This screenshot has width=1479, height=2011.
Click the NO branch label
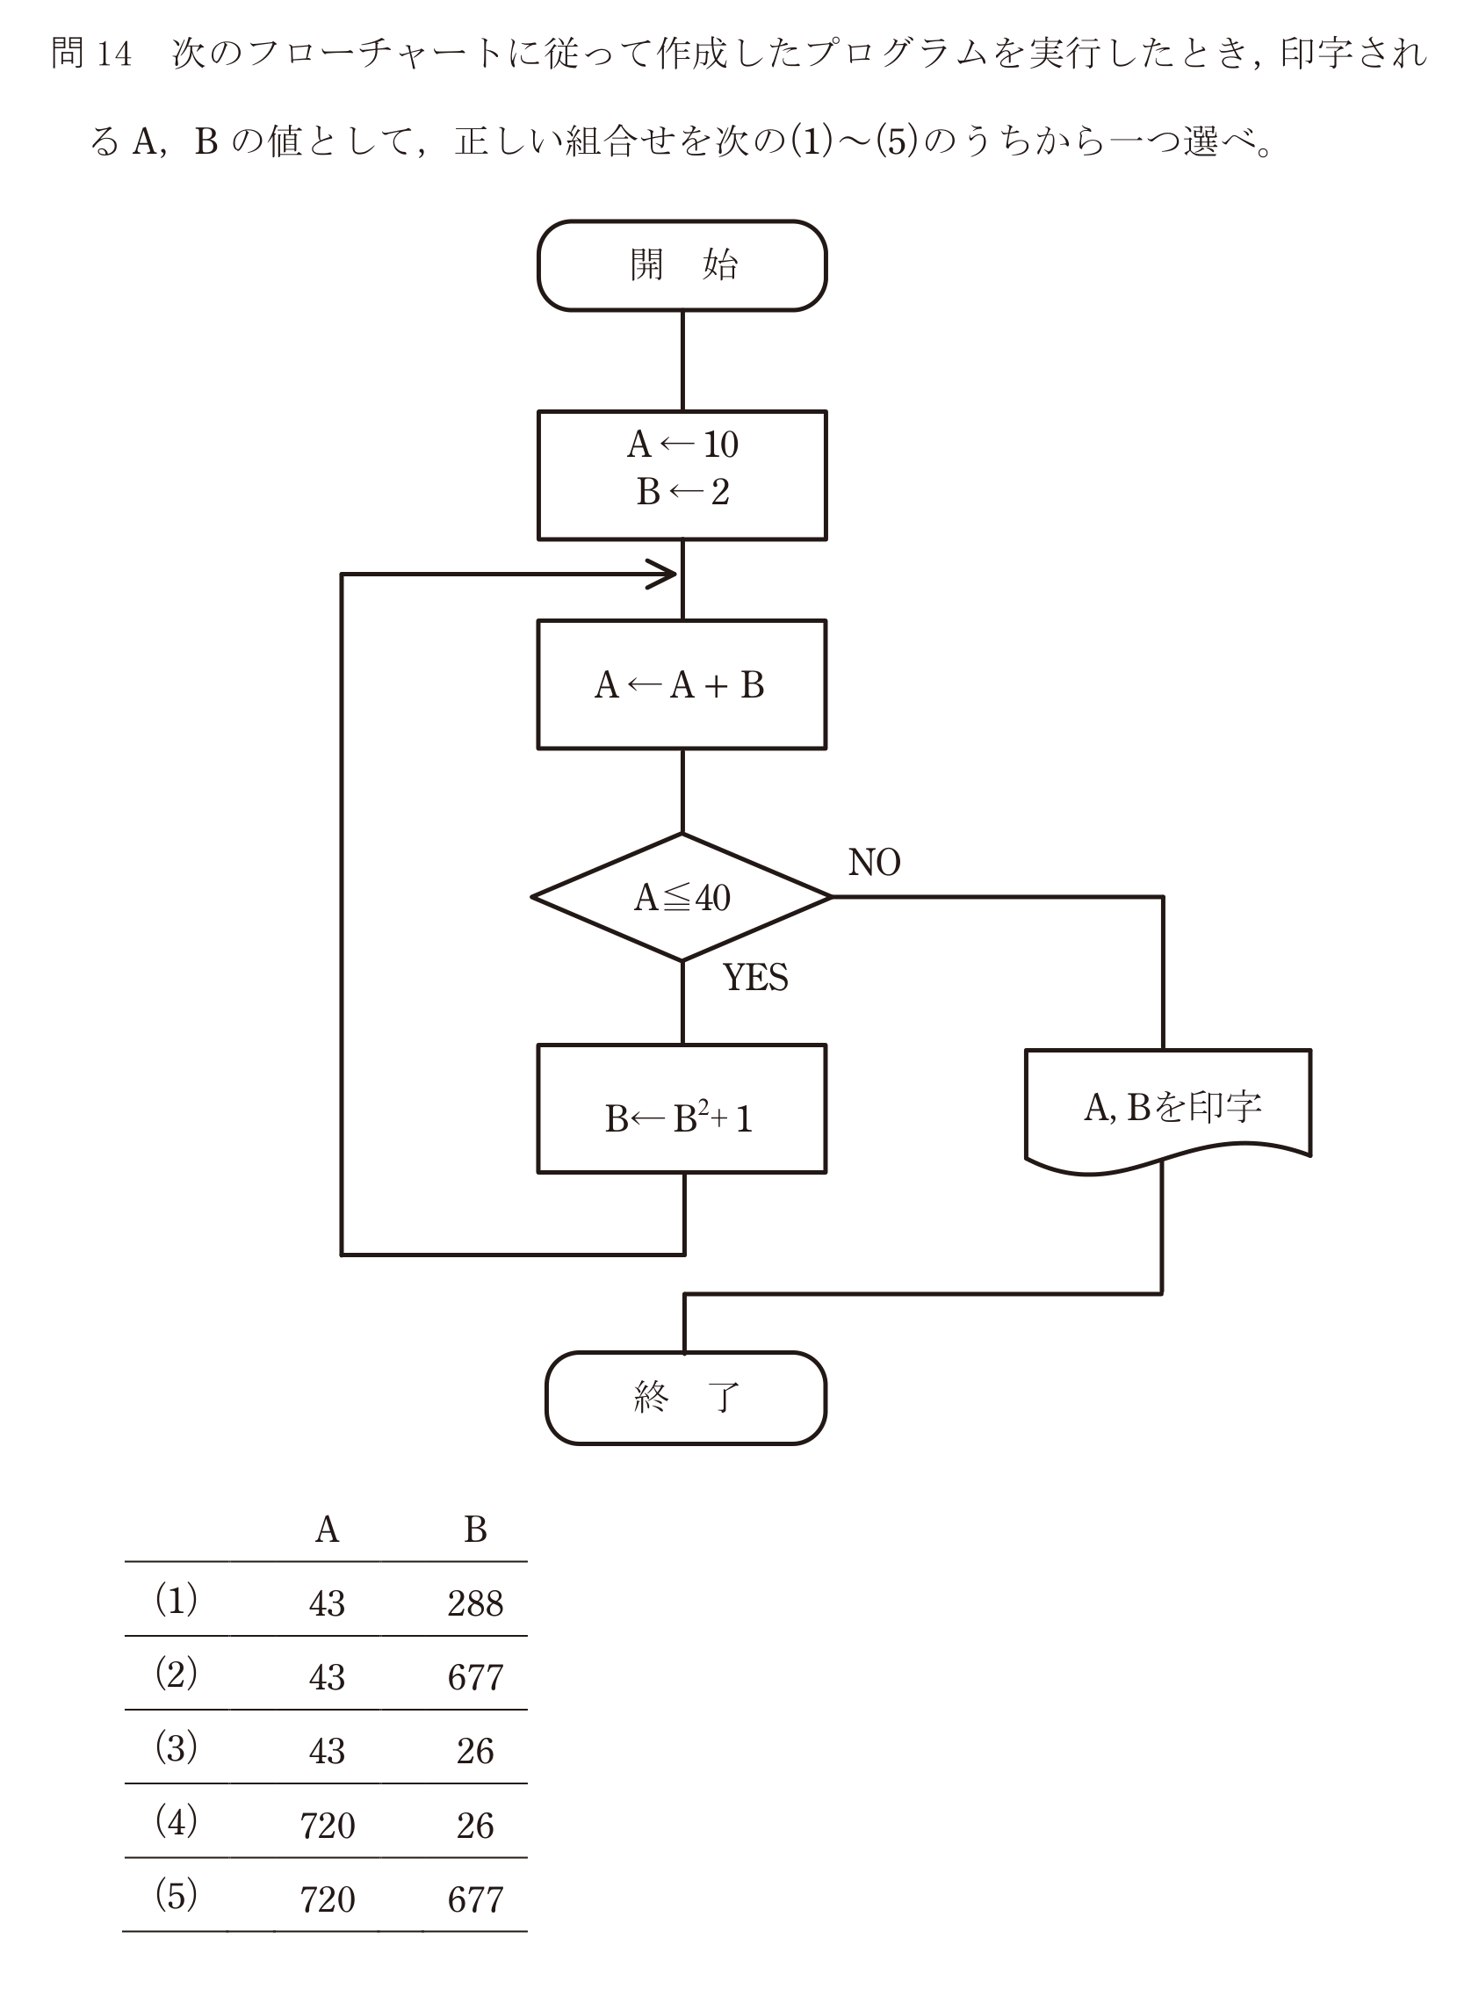[874, 862]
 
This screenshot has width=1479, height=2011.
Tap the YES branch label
[755, 978]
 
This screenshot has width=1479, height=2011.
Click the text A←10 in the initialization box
[682, 444]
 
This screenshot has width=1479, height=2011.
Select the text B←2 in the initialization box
[682, 492]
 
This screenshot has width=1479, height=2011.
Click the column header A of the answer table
[327, 1530]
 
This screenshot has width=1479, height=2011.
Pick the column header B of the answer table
[475, 1530]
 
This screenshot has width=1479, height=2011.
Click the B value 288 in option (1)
[475, 1603]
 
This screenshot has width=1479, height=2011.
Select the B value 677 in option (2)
[475, 1677]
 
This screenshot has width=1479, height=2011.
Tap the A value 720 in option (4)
[328, 1826]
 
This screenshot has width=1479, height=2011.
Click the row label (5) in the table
[177, 1896]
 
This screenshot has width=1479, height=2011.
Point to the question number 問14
[91, 54]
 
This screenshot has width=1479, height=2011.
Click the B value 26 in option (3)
[474, 1751]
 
